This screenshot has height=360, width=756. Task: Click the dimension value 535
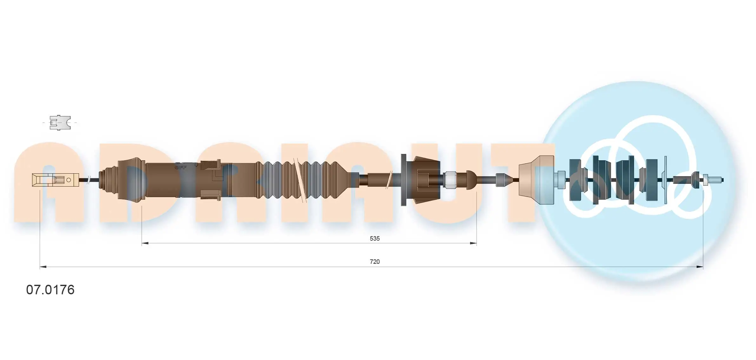pos(374,238)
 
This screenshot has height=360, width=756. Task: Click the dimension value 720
pos(374,262)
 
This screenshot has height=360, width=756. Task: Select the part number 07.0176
pos(50,290)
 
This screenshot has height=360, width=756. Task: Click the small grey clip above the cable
pos(60,123)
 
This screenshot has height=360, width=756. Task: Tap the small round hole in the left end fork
pos(69,180)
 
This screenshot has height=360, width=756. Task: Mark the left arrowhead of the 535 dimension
pos(145,243)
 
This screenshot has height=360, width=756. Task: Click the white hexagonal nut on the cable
pos(450,180)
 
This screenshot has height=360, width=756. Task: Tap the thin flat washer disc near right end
pos(666,180)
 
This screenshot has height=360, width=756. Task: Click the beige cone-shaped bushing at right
pos(536,180)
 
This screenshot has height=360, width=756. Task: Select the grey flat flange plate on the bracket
pos(404,180)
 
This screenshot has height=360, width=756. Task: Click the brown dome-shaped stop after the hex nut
pos(471,180)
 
